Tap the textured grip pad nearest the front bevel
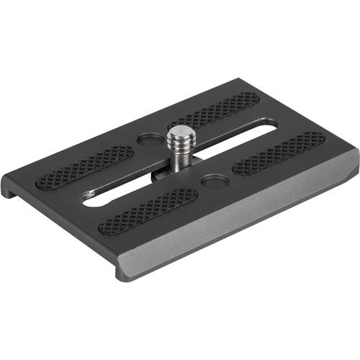click(x=148, y=212)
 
